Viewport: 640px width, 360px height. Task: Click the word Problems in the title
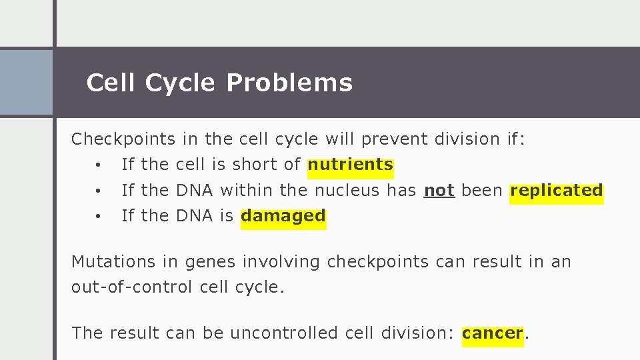289,83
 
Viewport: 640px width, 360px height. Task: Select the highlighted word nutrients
351,165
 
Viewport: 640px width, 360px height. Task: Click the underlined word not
439,191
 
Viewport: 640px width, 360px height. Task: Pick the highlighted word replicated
557,191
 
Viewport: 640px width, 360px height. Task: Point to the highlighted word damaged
283,216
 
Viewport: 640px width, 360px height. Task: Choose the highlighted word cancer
493,333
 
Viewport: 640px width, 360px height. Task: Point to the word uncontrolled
285,333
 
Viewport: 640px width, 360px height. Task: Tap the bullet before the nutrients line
97,165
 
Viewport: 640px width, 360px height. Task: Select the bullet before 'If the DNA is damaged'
97,217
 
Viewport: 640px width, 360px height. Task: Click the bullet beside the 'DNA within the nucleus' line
97,191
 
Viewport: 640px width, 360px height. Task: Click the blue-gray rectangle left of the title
26,83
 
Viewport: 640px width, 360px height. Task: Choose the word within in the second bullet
247,191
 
